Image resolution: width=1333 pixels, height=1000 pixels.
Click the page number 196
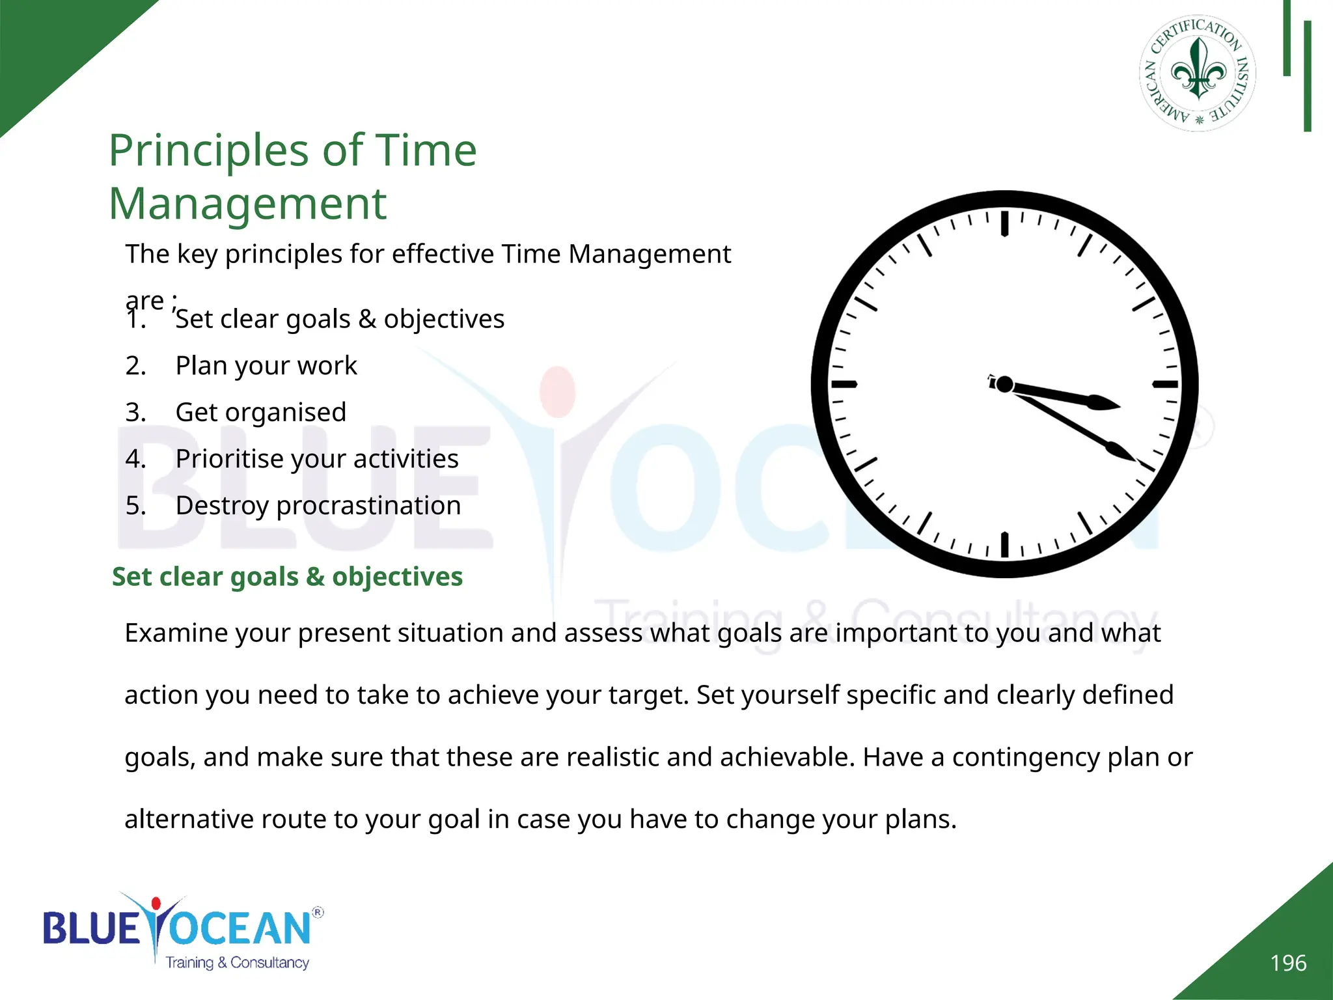tap(1287, 963)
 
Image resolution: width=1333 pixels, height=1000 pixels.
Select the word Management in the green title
tap(247, 204)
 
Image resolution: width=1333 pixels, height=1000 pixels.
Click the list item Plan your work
tap(266, 366)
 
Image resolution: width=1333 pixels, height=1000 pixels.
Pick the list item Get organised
tap(260, 413)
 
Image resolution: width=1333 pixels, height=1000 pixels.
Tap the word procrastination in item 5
tap(368, 506)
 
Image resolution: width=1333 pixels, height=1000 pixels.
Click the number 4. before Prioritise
tap(135, 459)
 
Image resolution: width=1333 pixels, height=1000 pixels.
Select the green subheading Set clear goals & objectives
tap(287, 577)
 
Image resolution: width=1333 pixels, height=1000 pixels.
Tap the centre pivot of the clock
tap(1004, 384)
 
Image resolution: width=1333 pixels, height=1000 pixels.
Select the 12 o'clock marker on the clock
tap(1004, 223)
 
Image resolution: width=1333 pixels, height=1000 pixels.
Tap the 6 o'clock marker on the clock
tap(1004, 545)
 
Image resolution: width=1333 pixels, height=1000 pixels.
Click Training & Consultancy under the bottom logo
tap(237, 962)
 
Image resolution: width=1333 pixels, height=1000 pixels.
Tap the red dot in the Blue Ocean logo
tap(156, 904)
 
